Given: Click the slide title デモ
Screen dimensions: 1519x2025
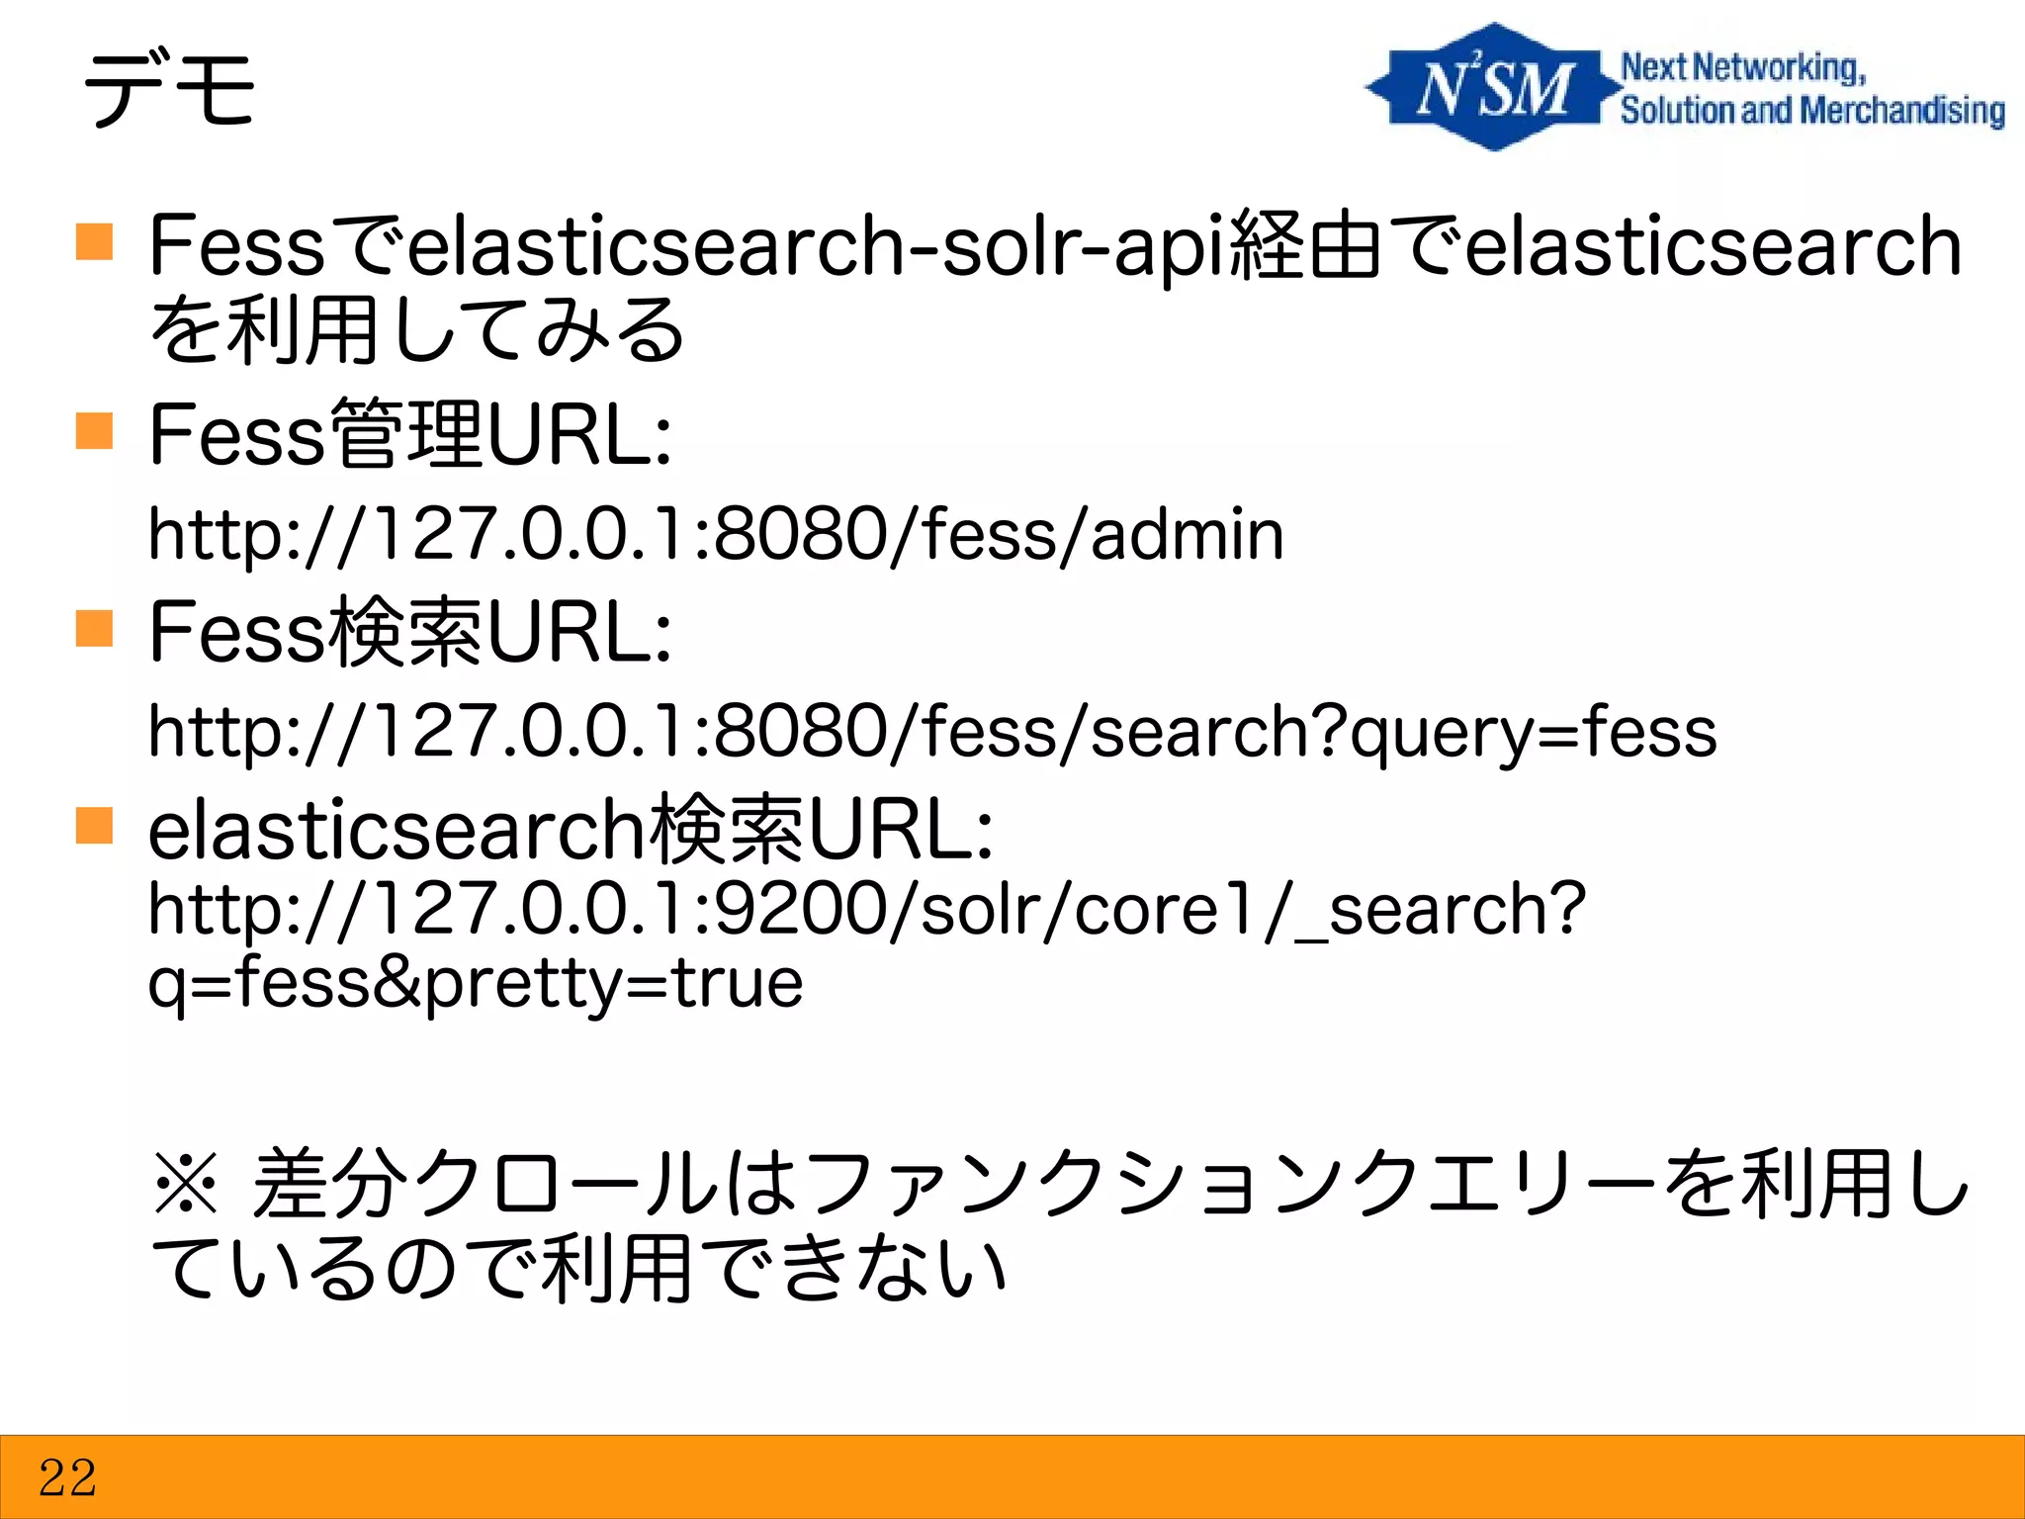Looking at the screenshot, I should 170,91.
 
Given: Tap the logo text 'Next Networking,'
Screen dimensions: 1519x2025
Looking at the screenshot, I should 1742,67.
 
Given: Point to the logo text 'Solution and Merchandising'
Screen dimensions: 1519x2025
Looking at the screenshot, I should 1811,111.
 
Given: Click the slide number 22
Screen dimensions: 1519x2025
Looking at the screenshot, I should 67,1477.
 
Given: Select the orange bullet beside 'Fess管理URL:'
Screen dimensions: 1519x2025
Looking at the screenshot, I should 94,431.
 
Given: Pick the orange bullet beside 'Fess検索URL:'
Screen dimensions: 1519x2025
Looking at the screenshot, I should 94,628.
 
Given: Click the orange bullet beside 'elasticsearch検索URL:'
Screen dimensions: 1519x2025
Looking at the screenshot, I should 94,825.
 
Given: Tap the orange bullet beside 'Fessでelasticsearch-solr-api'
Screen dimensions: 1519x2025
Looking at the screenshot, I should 94,240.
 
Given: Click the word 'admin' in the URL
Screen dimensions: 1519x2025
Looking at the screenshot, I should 1187,535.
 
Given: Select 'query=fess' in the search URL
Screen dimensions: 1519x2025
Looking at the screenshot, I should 1533,733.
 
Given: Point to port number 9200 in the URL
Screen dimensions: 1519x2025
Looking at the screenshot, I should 801,909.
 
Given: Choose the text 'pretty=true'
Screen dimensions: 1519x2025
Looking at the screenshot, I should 614,983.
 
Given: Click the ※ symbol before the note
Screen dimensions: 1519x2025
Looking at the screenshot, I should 186,1184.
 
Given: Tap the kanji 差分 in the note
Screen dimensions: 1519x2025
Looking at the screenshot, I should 329,1184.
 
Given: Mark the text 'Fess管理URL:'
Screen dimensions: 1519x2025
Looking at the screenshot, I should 410,434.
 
